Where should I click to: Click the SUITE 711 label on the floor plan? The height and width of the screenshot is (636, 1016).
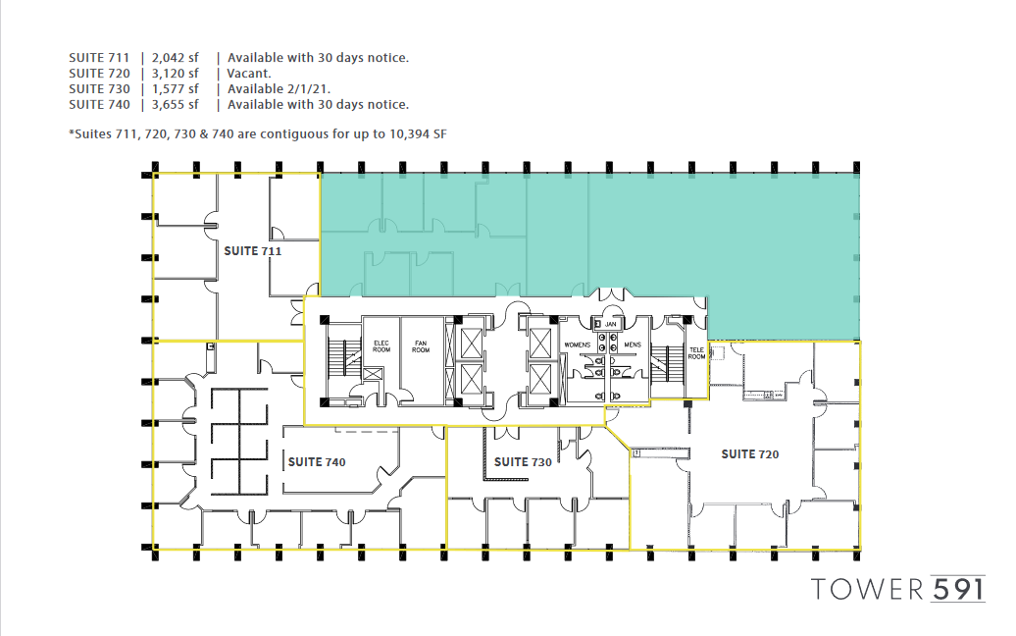253,251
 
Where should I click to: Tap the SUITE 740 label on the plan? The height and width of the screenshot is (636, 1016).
317,461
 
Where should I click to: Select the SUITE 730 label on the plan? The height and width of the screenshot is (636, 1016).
523,461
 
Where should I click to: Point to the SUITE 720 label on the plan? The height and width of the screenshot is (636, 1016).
750,454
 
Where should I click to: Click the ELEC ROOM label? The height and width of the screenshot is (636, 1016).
381,346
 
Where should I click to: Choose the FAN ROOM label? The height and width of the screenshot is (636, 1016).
421,346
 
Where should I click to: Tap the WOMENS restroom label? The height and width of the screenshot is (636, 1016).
578,344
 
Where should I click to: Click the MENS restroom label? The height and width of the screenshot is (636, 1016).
633,344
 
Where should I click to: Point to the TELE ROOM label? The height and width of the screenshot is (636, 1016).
696,353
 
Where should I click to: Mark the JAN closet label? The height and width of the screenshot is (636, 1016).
610,323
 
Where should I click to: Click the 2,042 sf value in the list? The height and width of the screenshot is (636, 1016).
176,58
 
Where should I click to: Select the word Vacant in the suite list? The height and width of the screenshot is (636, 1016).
249,74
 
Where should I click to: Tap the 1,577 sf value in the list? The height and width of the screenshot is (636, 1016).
176,89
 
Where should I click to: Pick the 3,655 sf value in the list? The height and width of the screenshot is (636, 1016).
176,105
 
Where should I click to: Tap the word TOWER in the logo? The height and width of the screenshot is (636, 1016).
867,589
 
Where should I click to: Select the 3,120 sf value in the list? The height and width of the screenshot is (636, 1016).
176,74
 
